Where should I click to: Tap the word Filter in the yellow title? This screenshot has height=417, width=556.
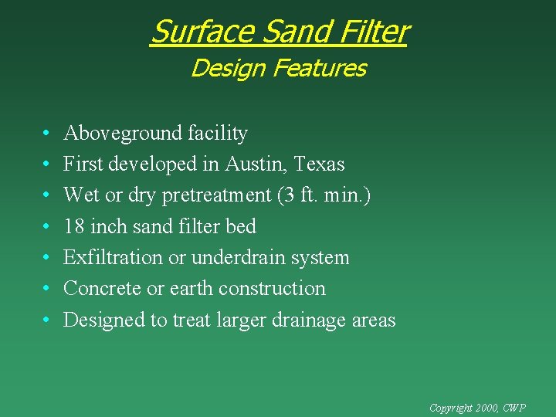(369, 32)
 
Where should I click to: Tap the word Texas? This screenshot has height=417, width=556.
(319, 164)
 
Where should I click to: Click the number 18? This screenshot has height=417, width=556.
(74, 226)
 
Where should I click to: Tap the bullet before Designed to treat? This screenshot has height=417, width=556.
(47, 320)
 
